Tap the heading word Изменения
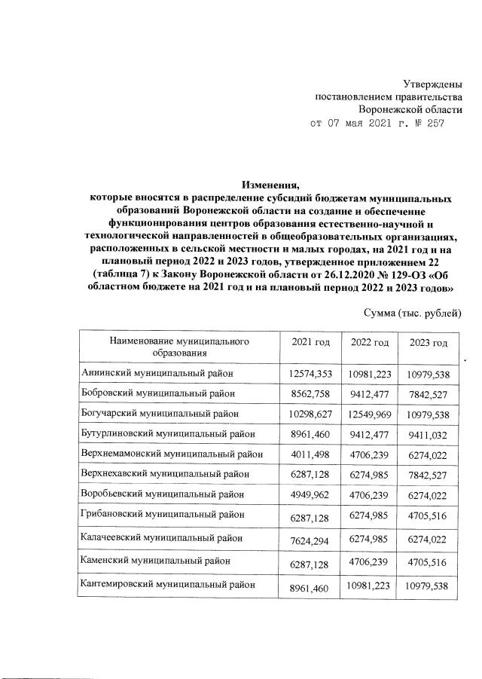(x=270, y=183)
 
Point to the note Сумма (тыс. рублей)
(x=411, y=313)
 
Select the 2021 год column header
(x=310, y=343)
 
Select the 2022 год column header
(x=369, y=343)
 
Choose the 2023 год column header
(x=428, y=344)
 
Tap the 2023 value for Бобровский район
(x=428, y=393)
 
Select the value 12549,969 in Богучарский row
(x=369, y=415)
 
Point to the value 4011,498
(x=310, y=457)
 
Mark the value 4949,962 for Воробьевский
(x=310, y=498)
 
